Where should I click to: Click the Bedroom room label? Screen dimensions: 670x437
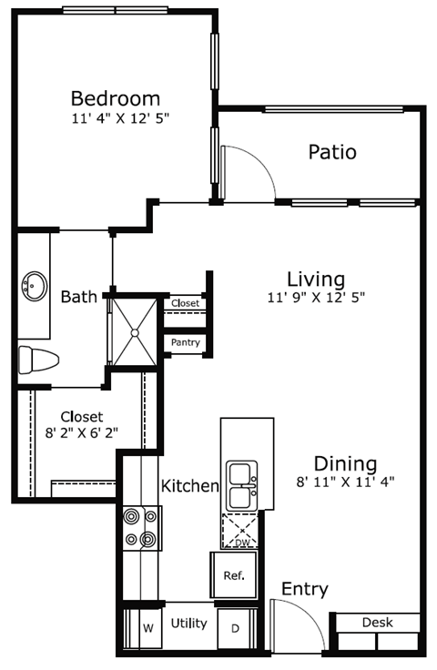pos(116,98)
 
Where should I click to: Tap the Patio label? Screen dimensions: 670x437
pos(331,152)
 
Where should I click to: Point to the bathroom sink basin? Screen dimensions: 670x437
pos(35,285)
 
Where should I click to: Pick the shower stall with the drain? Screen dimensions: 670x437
pos(135,331)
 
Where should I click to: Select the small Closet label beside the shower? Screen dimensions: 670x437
pos(185,303)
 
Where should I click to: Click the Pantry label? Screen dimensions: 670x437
pos(185,342)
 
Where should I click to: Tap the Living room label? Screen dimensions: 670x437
pos(315,279)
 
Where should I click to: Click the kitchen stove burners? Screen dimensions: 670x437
pos(140,528)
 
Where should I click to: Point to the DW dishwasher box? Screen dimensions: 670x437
pos(241,531)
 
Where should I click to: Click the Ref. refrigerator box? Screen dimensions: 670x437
pos(234,576)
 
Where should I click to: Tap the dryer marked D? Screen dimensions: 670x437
pos(234,627)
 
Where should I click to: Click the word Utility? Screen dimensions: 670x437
pos(188,624)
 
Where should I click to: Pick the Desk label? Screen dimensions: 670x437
pos(377,623)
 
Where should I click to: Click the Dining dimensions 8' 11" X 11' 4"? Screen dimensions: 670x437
pos(346,482)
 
